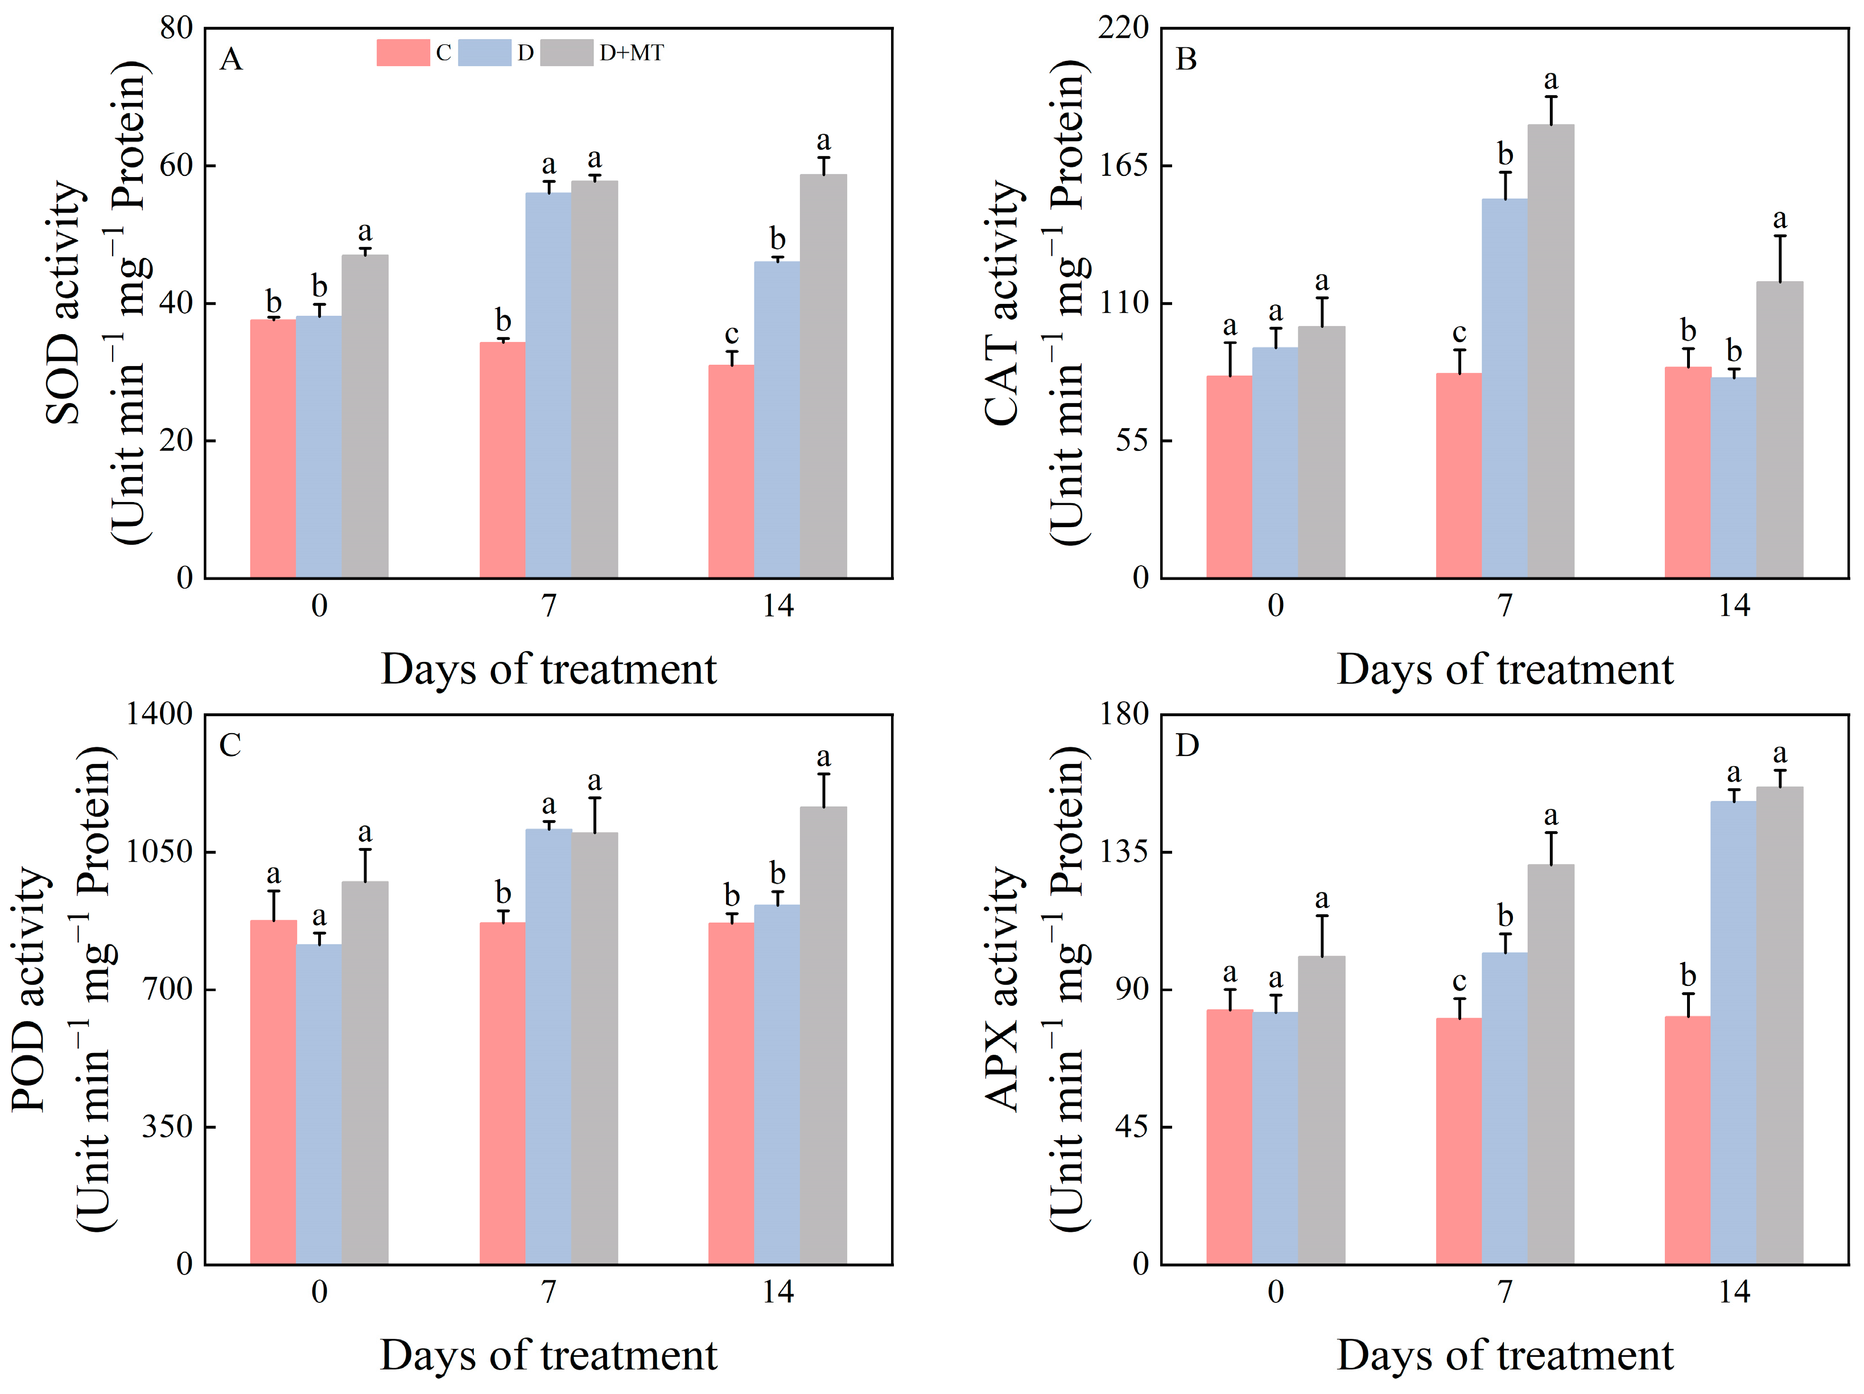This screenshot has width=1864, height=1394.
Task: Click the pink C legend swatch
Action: [x=403, y=52]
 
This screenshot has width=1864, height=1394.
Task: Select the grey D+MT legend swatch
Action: [x=566, y=52]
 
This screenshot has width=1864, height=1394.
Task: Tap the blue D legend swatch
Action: [x=485, y=52]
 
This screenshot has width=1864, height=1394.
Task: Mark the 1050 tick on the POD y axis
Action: [x=159, y=851]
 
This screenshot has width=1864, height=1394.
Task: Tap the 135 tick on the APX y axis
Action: [x=1123, y=851]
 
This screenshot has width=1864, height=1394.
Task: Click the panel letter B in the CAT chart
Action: [x=1186, y=59]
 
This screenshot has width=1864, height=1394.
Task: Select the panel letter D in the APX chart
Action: [x=1186, y=745]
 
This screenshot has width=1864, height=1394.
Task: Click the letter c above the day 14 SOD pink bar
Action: [x=732, y=335]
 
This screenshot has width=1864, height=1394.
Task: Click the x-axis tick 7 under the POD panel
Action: [x=549, y=1291]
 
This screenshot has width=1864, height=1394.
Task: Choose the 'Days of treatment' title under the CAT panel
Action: [x=1504, y=670]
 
